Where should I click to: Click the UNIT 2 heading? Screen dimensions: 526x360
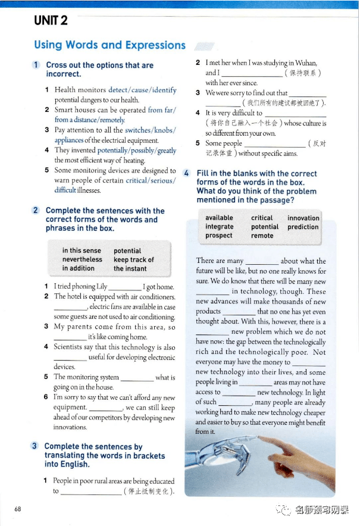pyautogui.click(x=51, y=21)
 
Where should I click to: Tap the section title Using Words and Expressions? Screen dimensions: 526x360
pyautogui.click(x=109, y=45)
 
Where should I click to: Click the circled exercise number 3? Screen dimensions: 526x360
pyautogui.click(x=35, y=446)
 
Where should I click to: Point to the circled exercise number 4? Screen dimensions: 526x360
pyautogui.click(x=186, y=173)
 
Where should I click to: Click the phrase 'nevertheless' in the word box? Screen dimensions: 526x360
pyautogui.click(x=82, y=259)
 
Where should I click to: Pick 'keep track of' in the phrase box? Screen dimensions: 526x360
pyautogui.click(x=133, y=259)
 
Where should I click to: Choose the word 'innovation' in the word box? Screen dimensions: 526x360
pyautogui.click(x=303, y=218)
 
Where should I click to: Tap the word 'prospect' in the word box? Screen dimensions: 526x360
pyautogui.click(x=218, y=236)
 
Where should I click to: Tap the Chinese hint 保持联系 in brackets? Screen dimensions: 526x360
pyautogui.click(x=303, y=73)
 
